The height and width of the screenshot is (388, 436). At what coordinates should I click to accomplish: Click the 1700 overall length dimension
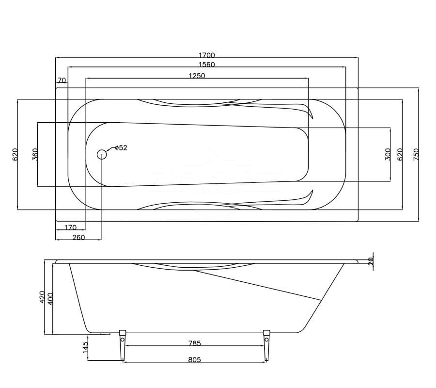click(x=207, y=55)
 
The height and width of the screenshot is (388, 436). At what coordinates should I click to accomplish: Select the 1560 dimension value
click(x=207, y=65)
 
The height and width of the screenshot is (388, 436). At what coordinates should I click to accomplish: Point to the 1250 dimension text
click(x=197, y=76)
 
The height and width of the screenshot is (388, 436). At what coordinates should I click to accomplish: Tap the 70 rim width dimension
click(x=62, y=80)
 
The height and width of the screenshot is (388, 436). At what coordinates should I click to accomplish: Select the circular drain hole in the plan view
click(x=102, y=155)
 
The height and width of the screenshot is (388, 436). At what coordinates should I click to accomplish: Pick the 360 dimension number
click(x=35, y=155)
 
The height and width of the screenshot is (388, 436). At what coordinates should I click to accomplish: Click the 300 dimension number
click(x=388, y=155)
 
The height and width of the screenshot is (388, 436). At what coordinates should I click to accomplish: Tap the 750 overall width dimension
click(x=416, y=155)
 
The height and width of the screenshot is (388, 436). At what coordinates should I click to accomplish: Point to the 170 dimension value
click(x=70, y=227)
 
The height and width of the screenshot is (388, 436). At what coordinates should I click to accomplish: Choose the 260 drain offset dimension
click(x=78, y=237)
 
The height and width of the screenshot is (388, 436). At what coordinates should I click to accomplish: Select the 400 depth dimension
click(x=50, y=297)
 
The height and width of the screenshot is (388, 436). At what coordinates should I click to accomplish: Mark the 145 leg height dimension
click(x=85, y=347)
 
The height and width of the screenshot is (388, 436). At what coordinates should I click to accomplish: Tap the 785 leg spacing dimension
click(x=194, y=343)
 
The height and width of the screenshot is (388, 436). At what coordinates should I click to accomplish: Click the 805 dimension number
click(x=194, y=359)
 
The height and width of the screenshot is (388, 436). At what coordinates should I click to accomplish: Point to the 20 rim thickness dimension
click(x=372, y=261)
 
